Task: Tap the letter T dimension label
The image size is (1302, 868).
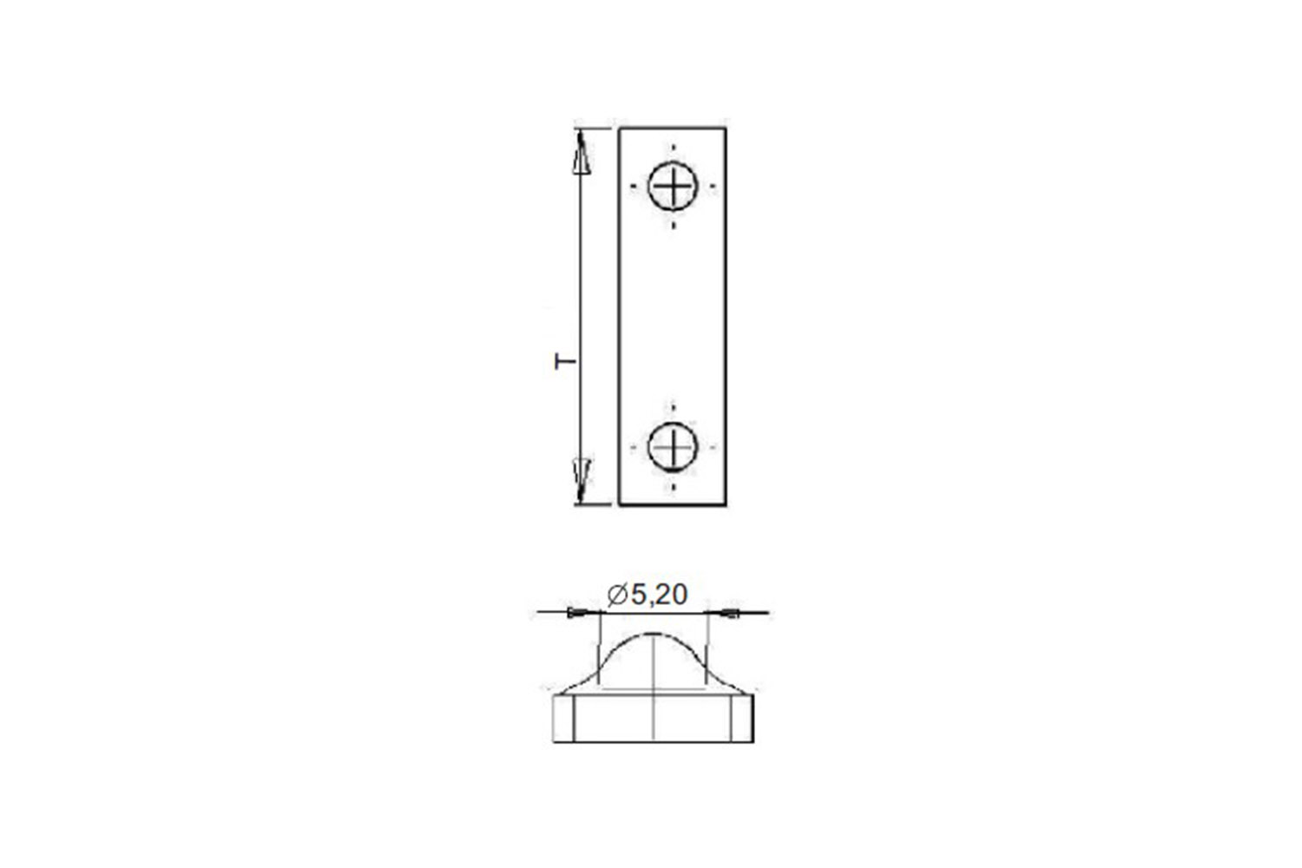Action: (565, 361)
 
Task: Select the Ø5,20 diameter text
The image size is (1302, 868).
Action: (647, 595)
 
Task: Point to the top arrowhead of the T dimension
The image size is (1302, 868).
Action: (581, 152)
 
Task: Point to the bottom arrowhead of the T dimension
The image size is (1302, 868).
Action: (581, 480)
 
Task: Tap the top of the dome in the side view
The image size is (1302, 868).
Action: (654, 634)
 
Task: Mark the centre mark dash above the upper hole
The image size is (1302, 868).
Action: (673, 147)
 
